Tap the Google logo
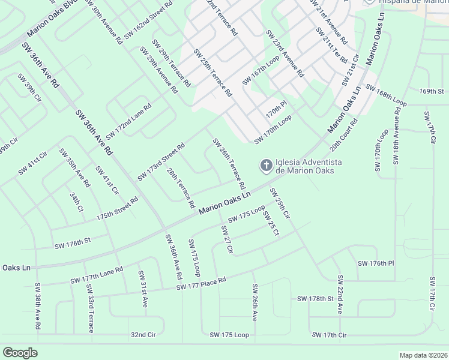tap(20, 353)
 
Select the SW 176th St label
tap(72, 243)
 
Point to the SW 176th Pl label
tap(375, 263)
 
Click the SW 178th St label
tap(315, 298)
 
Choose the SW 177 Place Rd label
tap(200, 284)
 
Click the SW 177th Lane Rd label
tap(96, 275)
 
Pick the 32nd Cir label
tap(143, 334)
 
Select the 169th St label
tap(431, 91)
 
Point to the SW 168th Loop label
tap(385, 95)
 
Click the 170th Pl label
tap(277, 111)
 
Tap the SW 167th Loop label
tap(261, 71)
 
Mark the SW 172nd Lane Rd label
tap(128, 122)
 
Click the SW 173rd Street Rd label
tap(161, 162)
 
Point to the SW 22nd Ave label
tap(340, 295)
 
